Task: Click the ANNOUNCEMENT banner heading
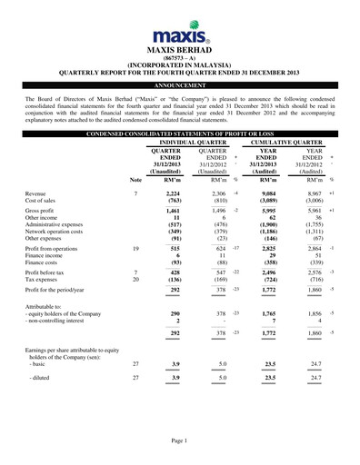pyautogui.click(x=180, y=84)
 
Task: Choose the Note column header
pyautogui.click(x=135, y=180)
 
